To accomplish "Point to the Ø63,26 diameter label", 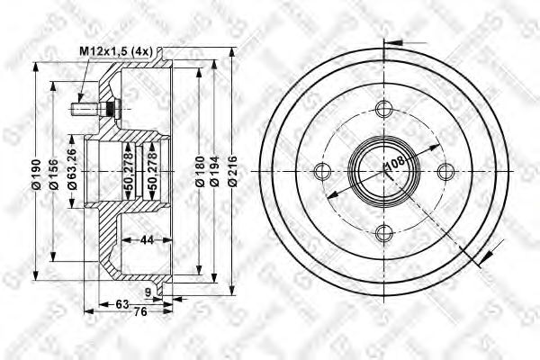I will pos(71,171).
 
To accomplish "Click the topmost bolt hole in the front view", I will pos(385,111).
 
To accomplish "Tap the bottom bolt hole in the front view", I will pos(385,234).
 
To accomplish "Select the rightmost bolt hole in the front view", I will pos(446,172).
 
